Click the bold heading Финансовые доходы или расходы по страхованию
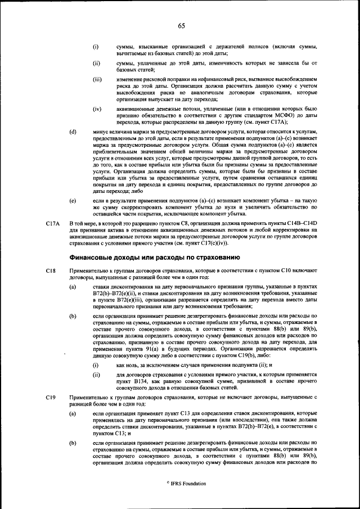147,257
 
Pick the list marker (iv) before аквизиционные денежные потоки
97,107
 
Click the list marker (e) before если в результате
73,200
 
